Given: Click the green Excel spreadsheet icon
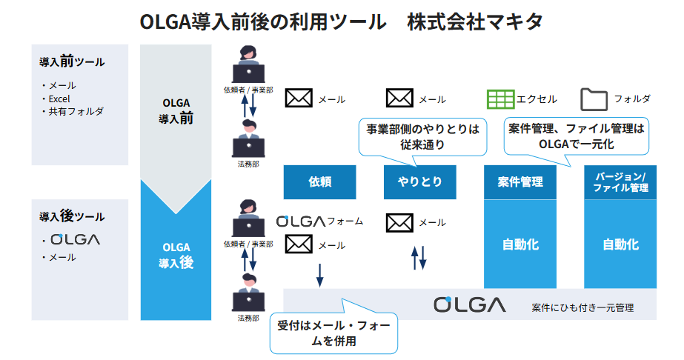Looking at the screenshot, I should click(500, 99).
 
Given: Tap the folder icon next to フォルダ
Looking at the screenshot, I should click(594, 99).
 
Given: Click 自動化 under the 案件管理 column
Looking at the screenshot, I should click(519, 244).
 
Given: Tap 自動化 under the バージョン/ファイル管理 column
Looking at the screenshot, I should click(620, 244).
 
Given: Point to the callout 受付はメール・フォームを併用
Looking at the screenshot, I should click(333, 333).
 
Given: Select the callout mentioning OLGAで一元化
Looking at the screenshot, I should click(576, 136).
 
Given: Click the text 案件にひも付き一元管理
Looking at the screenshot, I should click(582, 307).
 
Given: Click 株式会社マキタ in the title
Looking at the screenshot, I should click(474, 21).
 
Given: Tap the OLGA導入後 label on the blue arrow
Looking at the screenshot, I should click(176, 254).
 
